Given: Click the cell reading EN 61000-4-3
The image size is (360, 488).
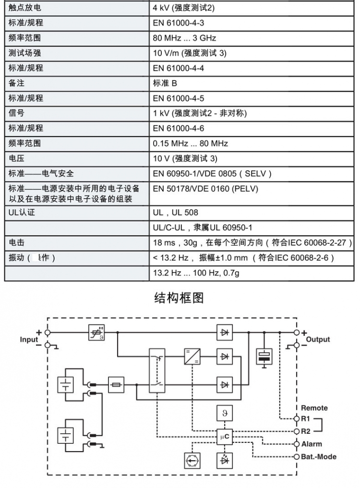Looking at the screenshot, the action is pos(178,23).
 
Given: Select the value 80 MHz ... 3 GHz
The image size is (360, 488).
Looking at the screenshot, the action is pos(184,38).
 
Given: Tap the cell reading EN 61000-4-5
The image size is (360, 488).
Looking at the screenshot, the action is pos(178,98).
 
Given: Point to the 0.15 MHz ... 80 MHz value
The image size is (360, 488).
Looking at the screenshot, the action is pos(190,143).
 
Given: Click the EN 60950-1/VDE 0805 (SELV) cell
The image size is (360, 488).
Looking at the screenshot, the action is pos(212,174).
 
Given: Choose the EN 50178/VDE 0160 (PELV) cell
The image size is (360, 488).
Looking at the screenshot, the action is pos(205,189).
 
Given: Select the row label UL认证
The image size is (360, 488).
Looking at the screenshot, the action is pos(22,213).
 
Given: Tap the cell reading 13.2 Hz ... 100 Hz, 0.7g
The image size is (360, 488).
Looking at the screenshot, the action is pos(196,273).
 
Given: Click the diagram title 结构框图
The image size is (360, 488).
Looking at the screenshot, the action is pos(179,298).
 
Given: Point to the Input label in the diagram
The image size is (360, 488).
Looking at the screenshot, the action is pos(29,339).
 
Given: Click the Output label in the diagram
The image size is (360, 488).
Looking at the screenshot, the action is pos(318,339).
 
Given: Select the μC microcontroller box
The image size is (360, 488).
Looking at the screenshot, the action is pos(225,437).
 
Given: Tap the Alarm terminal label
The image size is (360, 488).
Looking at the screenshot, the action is pos(312,444).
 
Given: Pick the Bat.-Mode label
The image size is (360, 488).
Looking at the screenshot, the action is pos(319,457).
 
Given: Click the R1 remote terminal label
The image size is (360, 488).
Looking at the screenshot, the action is pos(305,418).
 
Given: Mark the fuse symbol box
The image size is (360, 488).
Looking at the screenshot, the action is pos(116,385).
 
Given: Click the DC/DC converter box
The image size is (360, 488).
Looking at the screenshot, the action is pos(192,357).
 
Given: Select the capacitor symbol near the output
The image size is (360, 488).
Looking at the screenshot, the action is pos(264,357).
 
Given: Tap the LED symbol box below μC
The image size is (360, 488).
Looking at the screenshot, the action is pos(225,461).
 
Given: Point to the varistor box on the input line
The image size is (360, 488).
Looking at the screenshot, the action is pos(96,333).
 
